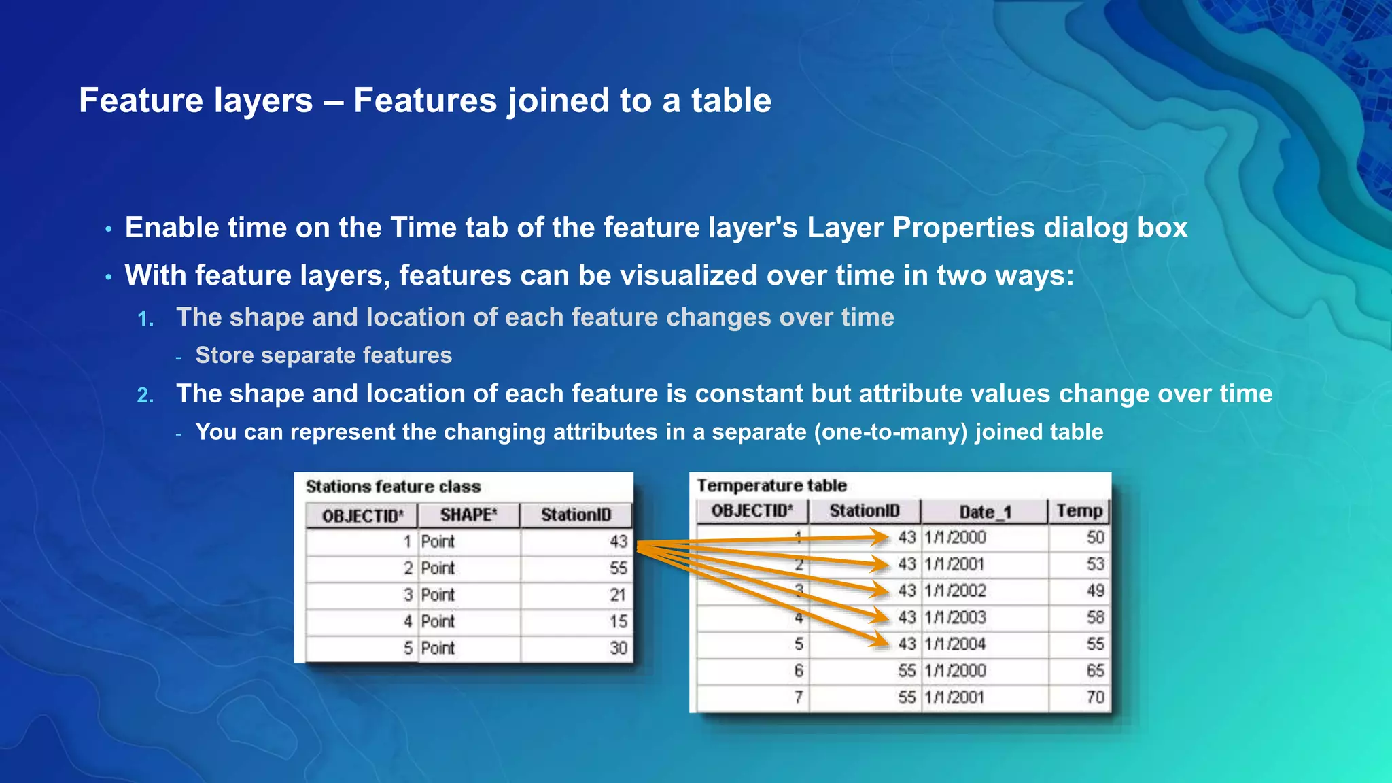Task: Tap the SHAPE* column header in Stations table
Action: (x=468, y=515)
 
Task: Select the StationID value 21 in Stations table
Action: (x=617, y=595)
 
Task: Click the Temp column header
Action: (x=1079, y=510)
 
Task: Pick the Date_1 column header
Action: (x=985, y=512)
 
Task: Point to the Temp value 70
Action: (x=1094, y=697)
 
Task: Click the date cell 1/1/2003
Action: (x=955, y=617)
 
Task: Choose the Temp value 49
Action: (x=1094, y=591)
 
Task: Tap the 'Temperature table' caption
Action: (x=771, y=485)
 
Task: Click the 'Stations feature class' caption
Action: (x=393, y=487)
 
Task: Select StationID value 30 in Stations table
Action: (x=618, y=648)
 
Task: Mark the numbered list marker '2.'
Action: (x=145, y=396)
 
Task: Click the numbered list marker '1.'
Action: (x=145, y=319)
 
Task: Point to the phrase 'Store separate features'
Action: (x=324, y=355)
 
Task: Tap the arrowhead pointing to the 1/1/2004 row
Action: (x=882, y=640)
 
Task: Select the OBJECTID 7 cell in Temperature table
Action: (x=798, y=697)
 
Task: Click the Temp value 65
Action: (x=1094, y=670)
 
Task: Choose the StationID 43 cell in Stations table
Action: (x=618, y=542)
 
